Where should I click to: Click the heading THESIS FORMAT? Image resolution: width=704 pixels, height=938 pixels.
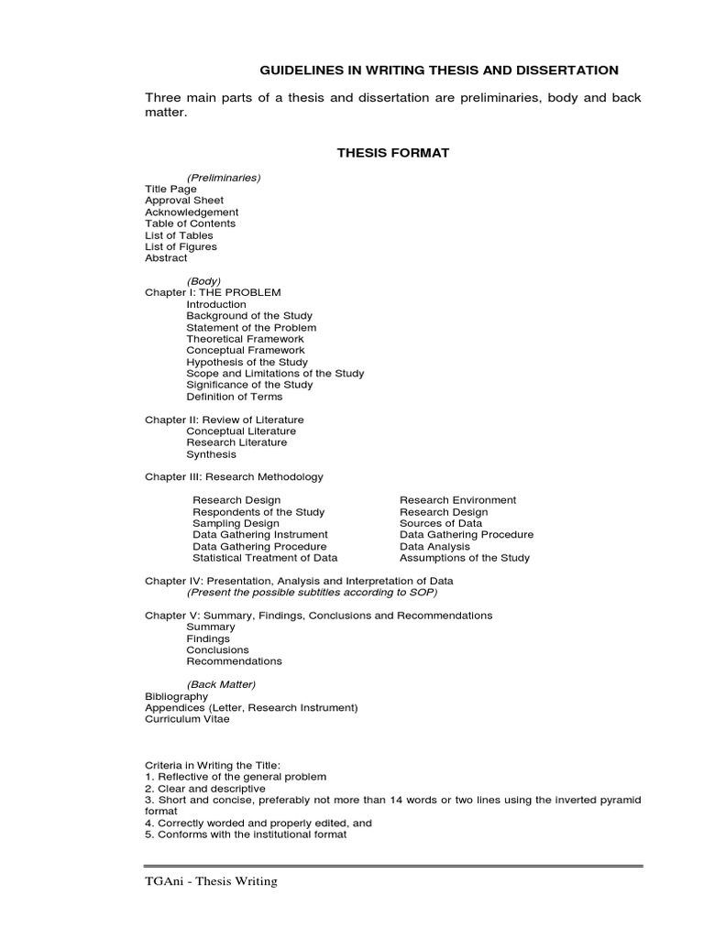point(393,153)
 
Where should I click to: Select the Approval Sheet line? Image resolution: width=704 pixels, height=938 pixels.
point(184,201)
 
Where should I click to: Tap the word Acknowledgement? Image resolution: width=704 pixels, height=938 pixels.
point(192,213)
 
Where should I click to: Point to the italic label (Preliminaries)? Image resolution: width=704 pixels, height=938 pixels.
point(224,178)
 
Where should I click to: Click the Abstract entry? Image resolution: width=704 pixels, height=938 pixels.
point(166,258)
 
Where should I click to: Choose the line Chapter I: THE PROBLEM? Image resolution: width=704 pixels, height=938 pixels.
point(213,292)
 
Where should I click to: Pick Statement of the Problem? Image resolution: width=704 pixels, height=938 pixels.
point(251,327)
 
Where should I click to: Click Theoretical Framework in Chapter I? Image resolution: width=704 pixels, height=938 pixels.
point(245,339)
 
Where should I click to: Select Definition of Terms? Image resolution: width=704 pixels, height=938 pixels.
point(235,397)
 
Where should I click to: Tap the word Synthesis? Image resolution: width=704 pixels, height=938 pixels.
point(211,454)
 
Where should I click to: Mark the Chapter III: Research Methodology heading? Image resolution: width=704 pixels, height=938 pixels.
point(234,477)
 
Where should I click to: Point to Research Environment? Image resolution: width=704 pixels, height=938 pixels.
point(457,500)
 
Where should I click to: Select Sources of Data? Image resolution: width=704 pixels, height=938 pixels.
point(441,523)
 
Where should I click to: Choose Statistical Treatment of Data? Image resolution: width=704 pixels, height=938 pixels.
point(265,558)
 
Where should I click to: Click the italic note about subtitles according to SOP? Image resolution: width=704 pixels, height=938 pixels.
point(312,593)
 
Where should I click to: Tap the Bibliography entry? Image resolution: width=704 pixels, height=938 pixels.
point(176,696)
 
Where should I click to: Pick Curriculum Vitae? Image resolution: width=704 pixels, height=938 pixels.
point(187,719)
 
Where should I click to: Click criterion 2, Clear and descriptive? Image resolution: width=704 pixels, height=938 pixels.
point(205,789)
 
